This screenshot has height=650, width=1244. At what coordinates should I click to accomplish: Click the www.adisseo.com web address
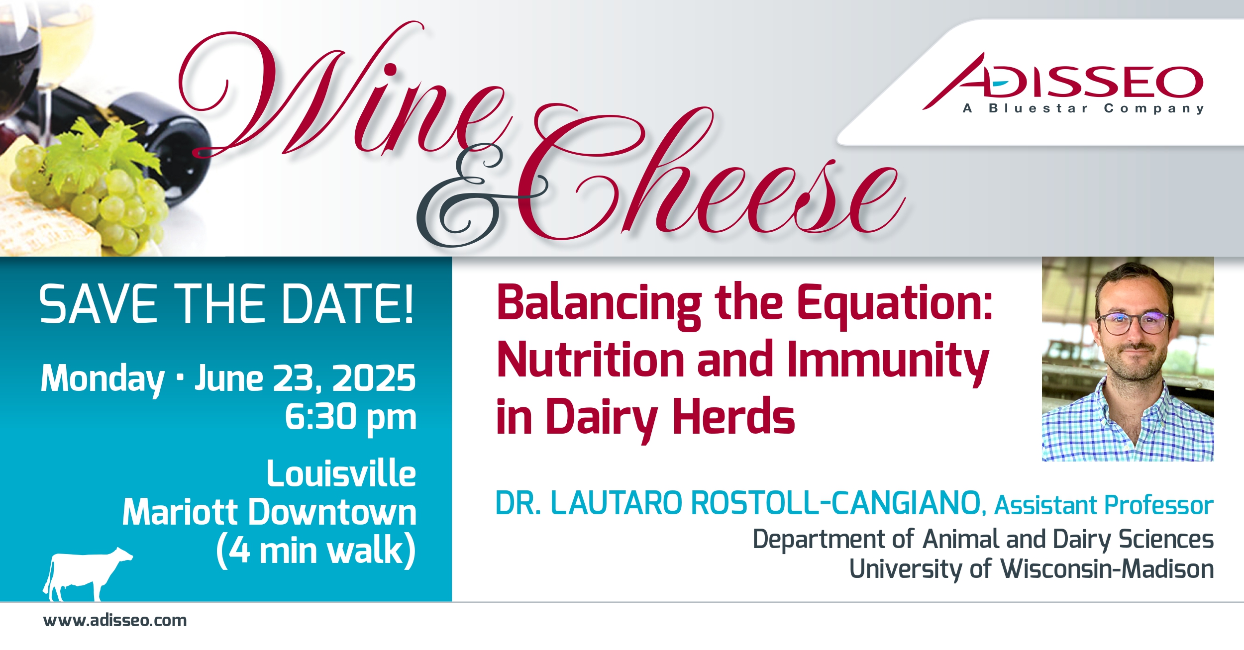(115, 621)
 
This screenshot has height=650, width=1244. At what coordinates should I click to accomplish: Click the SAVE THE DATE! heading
(226, 304)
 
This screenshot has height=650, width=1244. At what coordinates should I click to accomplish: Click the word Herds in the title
(733, 417)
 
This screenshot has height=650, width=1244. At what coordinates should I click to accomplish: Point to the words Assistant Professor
(1104, 506)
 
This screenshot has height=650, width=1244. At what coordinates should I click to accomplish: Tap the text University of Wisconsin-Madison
(1032, 569)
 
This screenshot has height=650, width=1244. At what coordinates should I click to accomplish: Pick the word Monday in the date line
(103, 379)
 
